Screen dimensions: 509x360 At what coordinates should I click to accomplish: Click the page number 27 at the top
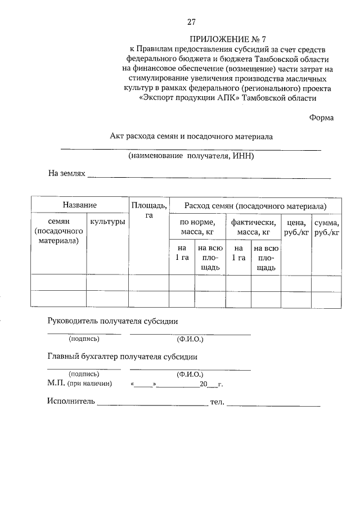(191, 22)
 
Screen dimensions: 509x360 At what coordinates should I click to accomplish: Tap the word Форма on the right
(321, 118)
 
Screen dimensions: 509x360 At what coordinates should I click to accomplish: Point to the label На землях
(66, 174)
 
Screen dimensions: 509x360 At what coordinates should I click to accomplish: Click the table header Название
(79, 205)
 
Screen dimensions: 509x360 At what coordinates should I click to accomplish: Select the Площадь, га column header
(148, 210)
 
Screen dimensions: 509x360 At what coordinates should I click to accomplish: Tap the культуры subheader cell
(107, 222)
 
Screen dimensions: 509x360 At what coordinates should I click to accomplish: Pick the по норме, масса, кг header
(197, 227)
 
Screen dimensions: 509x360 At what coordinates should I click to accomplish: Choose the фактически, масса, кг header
(253, 227)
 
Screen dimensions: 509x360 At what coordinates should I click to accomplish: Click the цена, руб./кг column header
(296, 227)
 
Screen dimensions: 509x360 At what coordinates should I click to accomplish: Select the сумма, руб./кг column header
(326, 227)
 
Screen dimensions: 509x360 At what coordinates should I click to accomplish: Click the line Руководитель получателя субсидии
(112, 321)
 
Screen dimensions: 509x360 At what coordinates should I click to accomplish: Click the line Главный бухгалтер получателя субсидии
(122, 357)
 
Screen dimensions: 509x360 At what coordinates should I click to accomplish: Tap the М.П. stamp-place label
(57, 384)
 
